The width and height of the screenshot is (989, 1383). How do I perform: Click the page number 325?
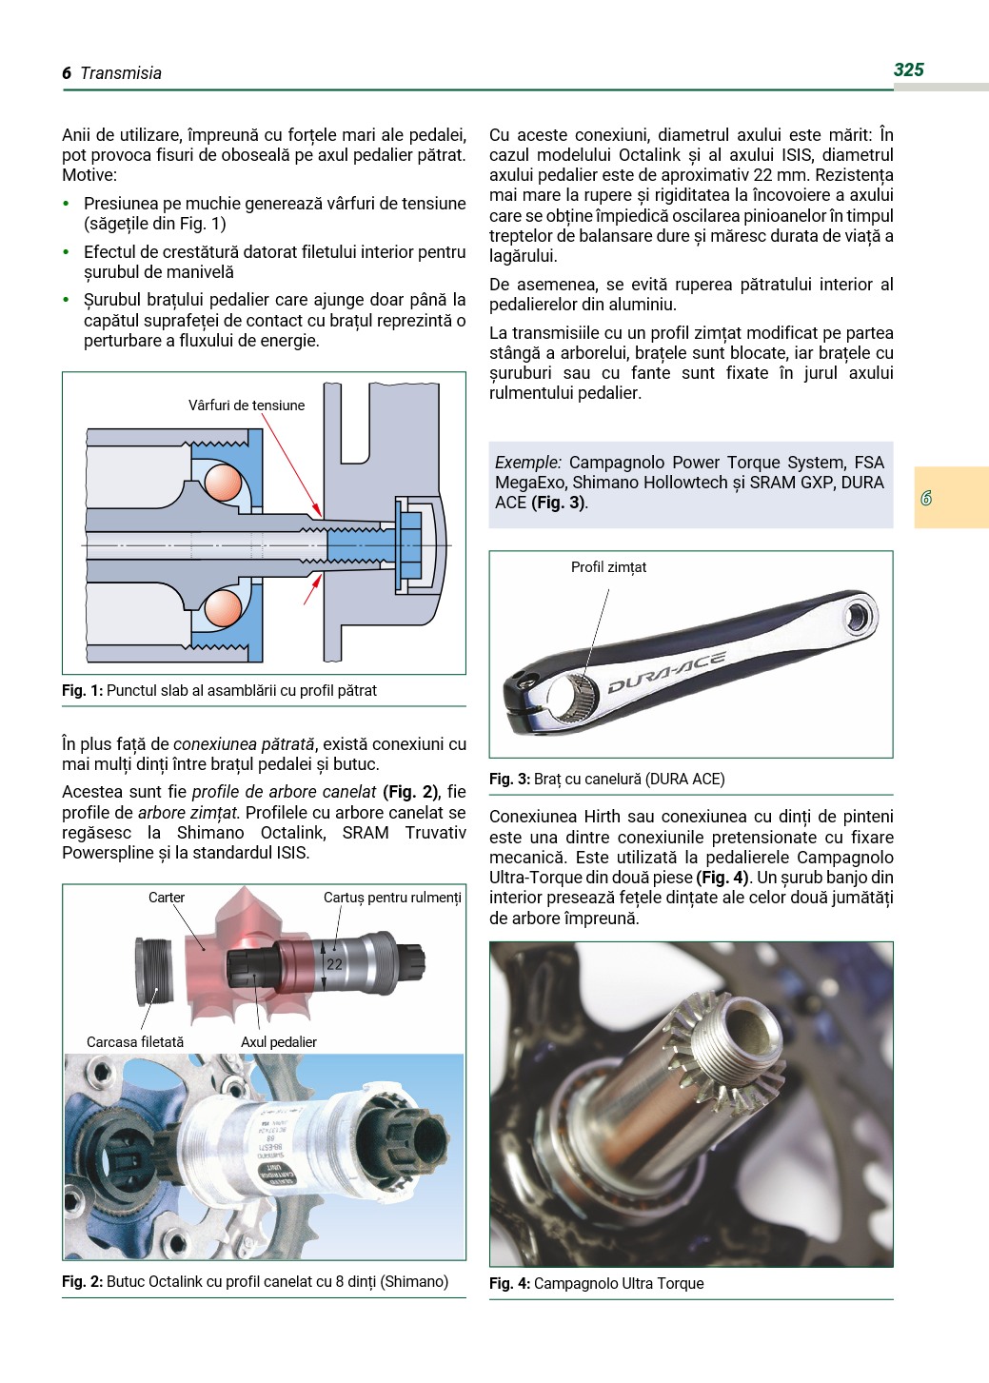(908, 69)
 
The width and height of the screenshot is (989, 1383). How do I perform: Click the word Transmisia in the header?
(121, 73)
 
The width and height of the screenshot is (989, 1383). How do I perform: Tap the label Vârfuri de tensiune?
(247, 405)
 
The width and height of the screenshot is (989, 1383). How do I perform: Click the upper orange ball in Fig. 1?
(224, 482)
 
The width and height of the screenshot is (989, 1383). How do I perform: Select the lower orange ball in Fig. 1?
(224, 607)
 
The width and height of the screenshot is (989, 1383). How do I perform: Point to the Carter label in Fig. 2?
(167, 898)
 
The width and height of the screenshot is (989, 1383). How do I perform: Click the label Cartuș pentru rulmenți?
(392, 898)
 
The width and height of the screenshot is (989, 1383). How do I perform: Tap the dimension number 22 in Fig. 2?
(334, 964)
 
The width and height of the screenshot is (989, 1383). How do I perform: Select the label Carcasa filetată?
(135, 1042)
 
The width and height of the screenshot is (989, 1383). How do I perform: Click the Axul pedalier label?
(279, 1042)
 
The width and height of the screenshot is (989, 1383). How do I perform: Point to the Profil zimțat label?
(608, 567)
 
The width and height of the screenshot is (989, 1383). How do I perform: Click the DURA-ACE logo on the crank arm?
(666, 672)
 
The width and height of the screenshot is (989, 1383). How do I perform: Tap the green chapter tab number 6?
(926, 498)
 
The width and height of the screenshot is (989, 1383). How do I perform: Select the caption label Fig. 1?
(83, 691)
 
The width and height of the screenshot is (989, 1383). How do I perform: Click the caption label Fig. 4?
(509, 1284)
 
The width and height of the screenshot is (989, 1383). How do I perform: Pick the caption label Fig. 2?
(83, 1282)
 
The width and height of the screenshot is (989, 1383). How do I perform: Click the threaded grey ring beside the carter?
(155, 971)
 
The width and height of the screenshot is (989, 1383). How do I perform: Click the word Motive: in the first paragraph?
(89, 175)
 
